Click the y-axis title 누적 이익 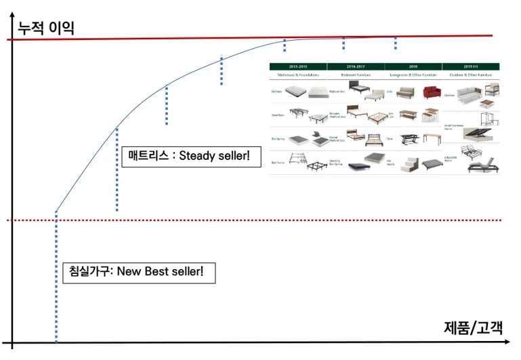[x=46, y=28]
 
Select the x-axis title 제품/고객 [x=474, y=327]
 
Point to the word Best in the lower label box [x=155, y=272]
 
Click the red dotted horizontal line [x=271, y=220]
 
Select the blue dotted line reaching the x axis [x=56, y=285]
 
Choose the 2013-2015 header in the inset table [x=298, y=66]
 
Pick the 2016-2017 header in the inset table [x=356, y=66]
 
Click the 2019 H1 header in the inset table [x=471, y=66]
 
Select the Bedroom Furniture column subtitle [x=356, y=75]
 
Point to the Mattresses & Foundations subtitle [x=298, y=75]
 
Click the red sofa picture [x=432, y=92]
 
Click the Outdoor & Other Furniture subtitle [x=471, y=75]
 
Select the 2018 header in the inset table [x=413, y=66]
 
